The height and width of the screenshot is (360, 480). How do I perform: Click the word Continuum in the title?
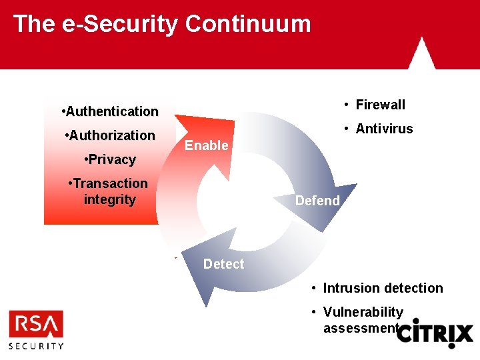point(248,24)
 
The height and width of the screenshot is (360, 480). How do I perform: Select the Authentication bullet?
point(110,111)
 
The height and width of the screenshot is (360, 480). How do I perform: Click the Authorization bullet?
point(111,135)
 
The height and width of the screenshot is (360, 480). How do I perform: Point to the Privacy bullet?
point(111,159)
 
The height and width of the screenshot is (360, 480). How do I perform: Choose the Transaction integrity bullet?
point(109,191)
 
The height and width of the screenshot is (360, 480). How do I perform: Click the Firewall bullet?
point(375,105)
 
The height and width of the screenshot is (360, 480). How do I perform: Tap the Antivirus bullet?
point(379,129)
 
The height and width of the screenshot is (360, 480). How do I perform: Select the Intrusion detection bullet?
point(377,288)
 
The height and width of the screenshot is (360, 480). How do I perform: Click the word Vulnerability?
point(363,312)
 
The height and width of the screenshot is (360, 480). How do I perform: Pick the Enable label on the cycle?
point(206,145)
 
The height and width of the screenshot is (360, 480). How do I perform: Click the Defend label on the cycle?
point(317,201)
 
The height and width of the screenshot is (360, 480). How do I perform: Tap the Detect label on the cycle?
point(223,264)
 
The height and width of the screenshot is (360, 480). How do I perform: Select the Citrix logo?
point(435,333)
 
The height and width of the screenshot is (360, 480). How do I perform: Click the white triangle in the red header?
point(421,53)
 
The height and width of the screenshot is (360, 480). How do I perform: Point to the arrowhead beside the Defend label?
point(333,207)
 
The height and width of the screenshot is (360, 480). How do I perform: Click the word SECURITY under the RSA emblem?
point(36,345)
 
